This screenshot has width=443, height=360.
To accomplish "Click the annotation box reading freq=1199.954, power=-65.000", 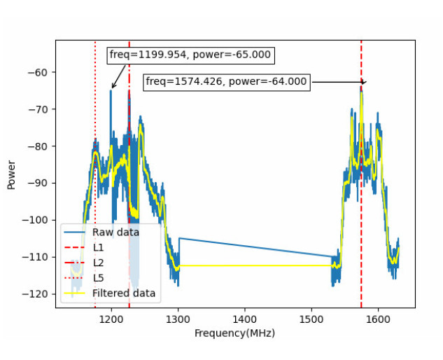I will click(190, 55).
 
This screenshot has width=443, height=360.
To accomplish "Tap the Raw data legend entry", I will click(115, 232).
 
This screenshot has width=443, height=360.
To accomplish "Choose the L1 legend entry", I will click(98, 247).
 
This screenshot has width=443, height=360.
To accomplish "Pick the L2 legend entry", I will click(98, 263).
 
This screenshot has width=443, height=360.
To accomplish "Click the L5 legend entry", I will click(98, 278).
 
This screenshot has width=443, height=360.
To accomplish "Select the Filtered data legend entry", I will click(123, 293).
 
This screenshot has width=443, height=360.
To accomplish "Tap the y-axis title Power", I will click(12, 175).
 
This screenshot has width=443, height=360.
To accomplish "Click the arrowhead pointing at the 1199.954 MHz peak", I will click(113, 88).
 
